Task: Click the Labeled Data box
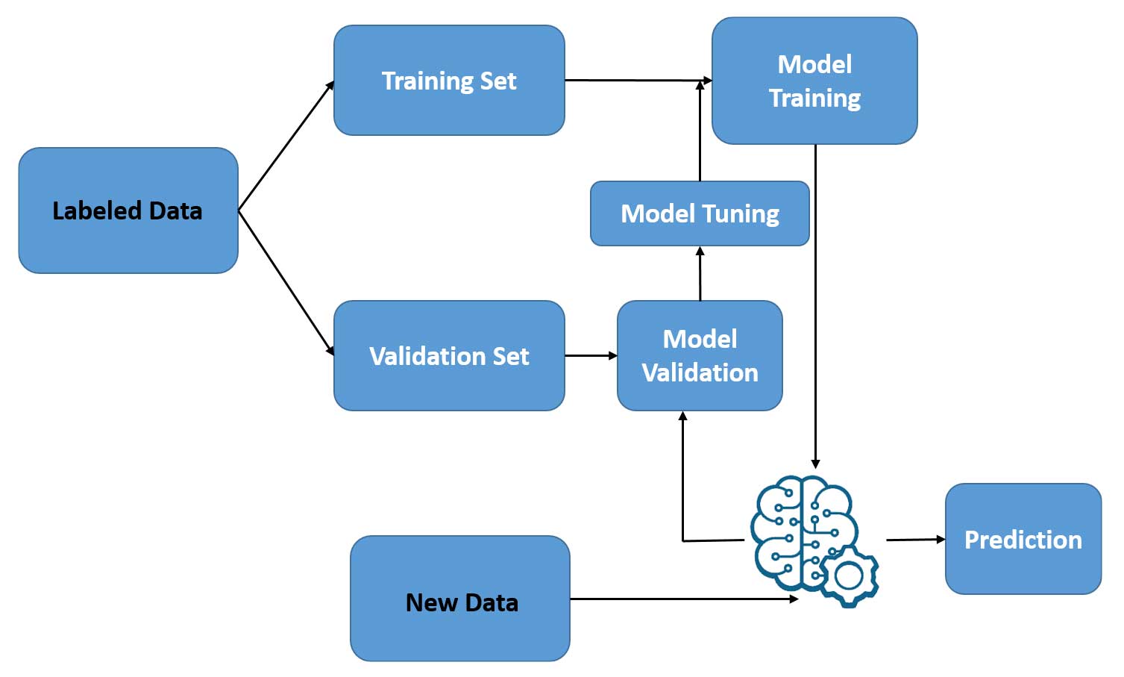pyautogui.click(x=128, y=210)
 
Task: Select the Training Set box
pyautogui.click(x=449, y=81)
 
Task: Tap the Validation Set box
pyautogui.click(x=449, y=356)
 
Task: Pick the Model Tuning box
pyautogui.click(x=700, y=213)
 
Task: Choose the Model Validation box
pyautogui.click(x=700, y=356)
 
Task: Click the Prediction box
pyautogui.click(x=1023, y=539)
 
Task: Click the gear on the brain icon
pyautogui.click(x=850, y=576)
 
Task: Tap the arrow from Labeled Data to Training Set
pyautogui.click(x=286, y=146)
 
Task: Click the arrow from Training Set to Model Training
pyautogui.click(x=638, y=80)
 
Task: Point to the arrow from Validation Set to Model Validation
pyautogui.click(x=591, y=356)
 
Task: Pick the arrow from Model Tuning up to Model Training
pyautogui.click(x=700, y=131)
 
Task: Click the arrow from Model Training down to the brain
pyautogui.click(x=815, y=306)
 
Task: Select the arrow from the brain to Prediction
pyautogui.click(x=915, y=539)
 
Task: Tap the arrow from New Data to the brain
pyautogui.click(x=682, y=599)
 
